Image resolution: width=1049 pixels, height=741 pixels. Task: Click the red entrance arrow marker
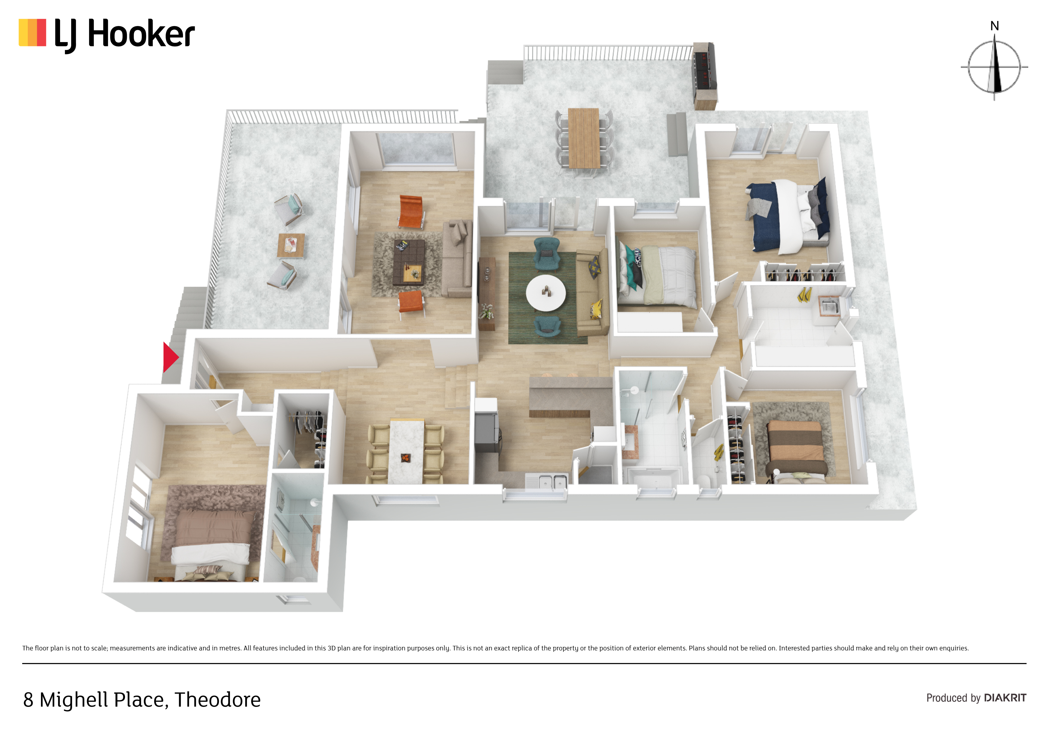[170, 357]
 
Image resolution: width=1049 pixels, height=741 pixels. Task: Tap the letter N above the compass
[995, 26]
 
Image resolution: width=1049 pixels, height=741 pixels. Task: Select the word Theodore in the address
[217, 699]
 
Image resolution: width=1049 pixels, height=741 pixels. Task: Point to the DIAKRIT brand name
[1005, 698]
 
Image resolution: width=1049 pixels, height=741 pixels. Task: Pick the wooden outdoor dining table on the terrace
[583, 138]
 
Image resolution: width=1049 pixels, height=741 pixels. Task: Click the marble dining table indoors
[406, 451]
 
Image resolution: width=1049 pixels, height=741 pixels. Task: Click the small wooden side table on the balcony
[291, 246]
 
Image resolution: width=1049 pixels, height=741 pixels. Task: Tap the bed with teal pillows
[657, 275]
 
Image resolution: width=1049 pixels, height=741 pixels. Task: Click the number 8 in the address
[28, 700]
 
